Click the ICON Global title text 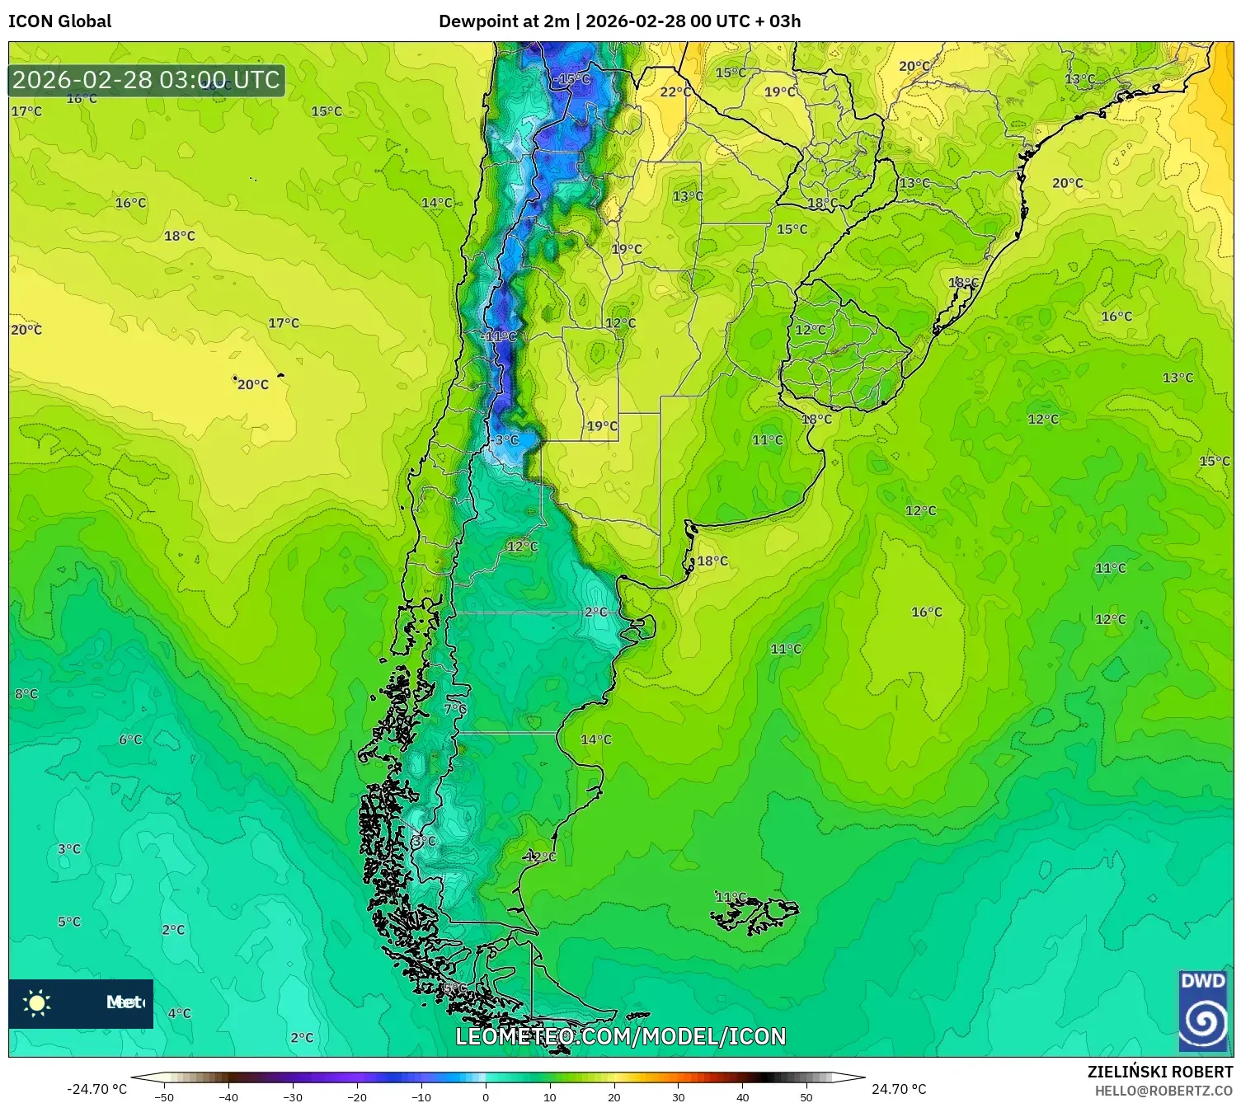click(59, 21)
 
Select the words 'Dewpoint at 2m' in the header click(503, 21)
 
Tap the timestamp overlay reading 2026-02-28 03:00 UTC click(147, 81)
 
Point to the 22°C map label click(675, 92)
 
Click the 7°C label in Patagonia click(455, 709)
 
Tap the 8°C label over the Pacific click(26, 694)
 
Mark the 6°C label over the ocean click(130, 739)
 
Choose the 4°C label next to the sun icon click(179, 1013)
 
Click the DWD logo click(1203, 1011)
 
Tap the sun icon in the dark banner click(37, 1003)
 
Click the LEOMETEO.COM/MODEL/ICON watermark click(620, 1036)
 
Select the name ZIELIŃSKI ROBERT click(1159, 1072)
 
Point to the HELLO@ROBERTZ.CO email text click(1163, 1091)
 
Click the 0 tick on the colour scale click(486, 1096)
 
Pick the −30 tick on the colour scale click(293, 1096)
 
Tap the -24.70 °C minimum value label click(96, 1089)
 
